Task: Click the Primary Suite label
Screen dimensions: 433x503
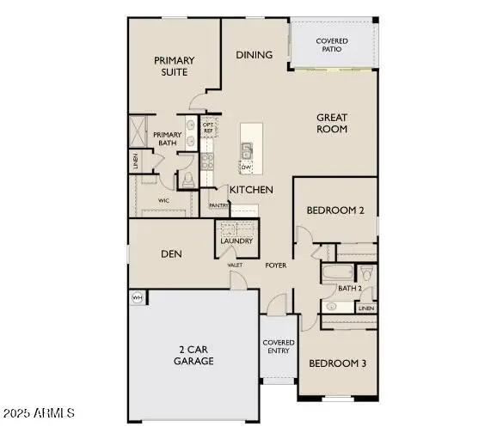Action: (175, 66)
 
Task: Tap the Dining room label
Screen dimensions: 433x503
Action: (255, 55)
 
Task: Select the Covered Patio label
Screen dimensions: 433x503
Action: (332, 45)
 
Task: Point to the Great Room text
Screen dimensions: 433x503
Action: (332, 123)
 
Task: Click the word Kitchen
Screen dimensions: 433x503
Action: (251, 189)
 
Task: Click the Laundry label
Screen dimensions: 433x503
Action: (236, 241)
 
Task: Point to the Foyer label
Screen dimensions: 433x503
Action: (275, 265)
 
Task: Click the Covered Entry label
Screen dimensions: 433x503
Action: (279, 347)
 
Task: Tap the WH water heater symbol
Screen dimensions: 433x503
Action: (137, 297)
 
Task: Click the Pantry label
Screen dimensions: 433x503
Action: (218, 206)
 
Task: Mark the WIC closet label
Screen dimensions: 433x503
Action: (163, 200)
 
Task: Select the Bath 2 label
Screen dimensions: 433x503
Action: (347, 288)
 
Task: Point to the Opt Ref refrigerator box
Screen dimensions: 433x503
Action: (207, 128)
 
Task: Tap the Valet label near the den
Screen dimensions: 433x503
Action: (235, 265)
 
